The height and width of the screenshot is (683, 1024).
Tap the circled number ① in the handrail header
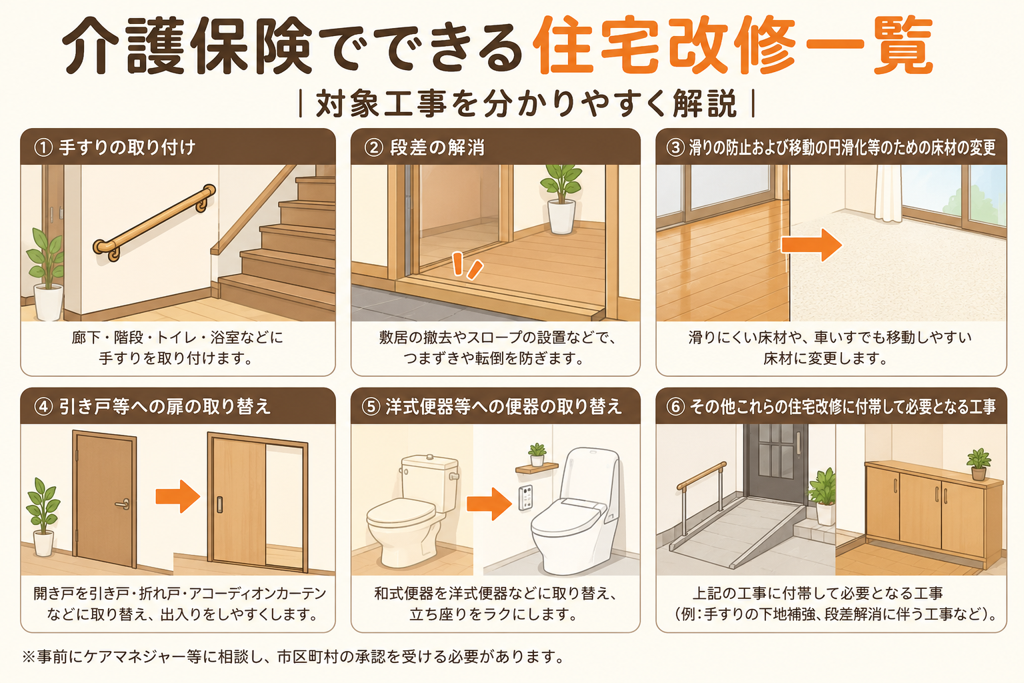click(x=43, y=148)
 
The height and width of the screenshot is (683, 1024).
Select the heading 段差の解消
click(x=437, y=148)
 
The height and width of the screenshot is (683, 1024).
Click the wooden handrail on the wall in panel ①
click(x=155, y=223)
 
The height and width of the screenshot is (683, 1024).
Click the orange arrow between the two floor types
click(x=811, y=245)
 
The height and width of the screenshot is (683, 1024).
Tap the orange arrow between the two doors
click(x=178, y=496)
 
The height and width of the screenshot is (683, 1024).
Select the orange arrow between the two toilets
click(x=489, y=504)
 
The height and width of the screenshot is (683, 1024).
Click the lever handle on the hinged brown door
click(x=123, y=504)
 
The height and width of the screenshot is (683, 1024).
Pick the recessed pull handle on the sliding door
click(x=219, y=504)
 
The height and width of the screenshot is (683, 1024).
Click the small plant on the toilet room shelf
click(x=537, y=455)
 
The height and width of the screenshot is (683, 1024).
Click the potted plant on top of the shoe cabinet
click(x=978, y=464)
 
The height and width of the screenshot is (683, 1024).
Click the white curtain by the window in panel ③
click(x=887, y=193)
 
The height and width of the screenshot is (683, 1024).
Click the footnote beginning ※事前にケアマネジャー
click(x=293, y=658)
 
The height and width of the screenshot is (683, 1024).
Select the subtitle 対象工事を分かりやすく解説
click(x=526, y=103)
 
